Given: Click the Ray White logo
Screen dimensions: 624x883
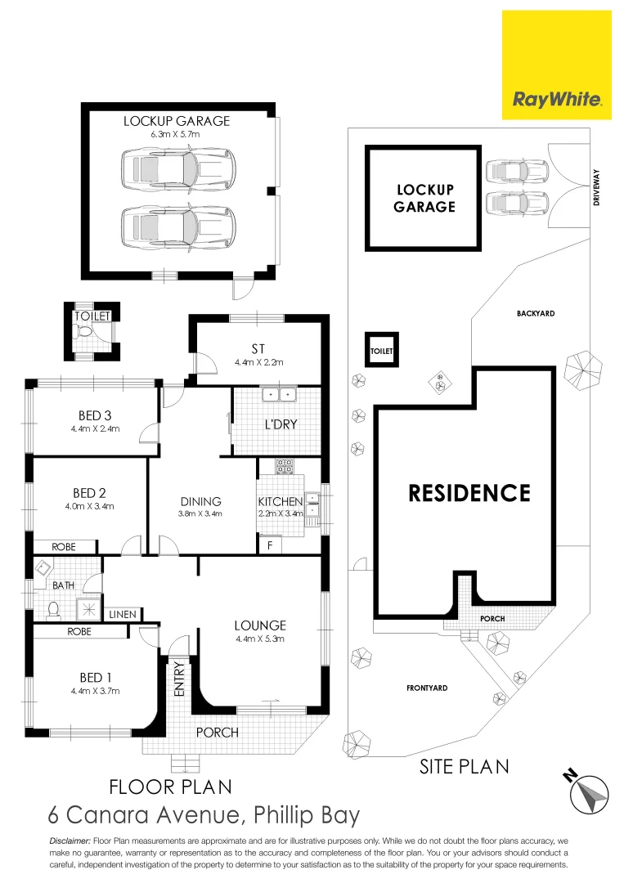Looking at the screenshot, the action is (x=557, y=100).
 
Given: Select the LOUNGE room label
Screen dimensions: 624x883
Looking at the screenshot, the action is (x=259, y=626).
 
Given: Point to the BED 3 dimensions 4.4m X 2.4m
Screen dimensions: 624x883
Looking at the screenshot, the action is (x=95, y=428).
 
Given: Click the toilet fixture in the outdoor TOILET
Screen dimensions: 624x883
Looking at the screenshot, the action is (x=83, y=331).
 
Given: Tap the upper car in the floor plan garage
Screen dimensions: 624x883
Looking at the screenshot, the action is (x=177, y=168).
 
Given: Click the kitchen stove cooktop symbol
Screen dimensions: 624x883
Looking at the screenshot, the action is (x=285, y=467).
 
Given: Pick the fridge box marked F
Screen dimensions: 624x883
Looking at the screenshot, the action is (x=270, y=544).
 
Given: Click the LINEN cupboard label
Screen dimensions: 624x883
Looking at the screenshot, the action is (x=123, y=614).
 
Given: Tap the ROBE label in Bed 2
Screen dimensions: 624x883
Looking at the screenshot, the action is (x=64, y=546).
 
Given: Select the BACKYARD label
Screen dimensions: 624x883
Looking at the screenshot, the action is (x=536, y=313).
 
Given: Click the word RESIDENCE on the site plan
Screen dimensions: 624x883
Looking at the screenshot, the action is (x=469, y=493).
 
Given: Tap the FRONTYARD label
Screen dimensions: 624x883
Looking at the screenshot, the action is (x=427, y=688).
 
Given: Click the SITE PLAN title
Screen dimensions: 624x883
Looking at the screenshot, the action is (x=464, y=766).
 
